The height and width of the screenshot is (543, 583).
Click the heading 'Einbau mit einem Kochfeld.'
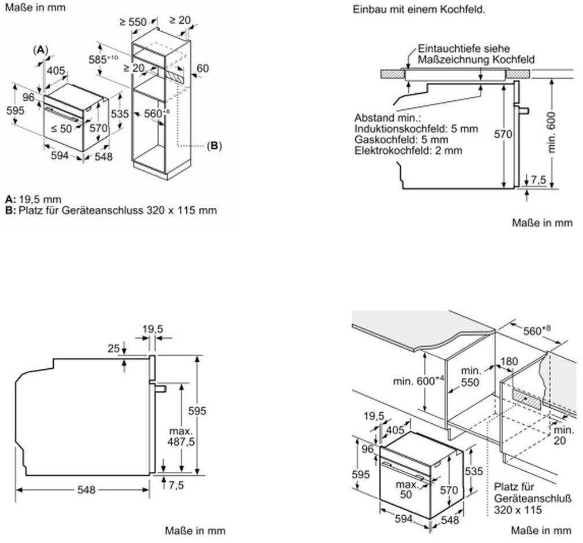tap(419, 10)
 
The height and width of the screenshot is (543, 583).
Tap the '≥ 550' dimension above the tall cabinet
tap(133, 23)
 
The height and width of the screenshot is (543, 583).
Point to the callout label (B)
tap(214, 145)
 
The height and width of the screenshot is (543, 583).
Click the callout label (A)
tap(40, 50)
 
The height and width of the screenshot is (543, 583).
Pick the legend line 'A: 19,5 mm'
tap(34, 199)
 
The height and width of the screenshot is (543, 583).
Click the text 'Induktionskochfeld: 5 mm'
tap(416, 129)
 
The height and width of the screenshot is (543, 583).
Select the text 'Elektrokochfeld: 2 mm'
tap(408, 151)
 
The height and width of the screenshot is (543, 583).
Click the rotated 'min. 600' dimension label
tap(551, 132)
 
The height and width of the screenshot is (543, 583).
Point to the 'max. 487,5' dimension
tap(182, 436)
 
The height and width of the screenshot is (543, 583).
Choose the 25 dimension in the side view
tap(113, 348)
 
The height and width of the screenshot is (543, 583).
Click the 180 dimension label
tap(509, 361)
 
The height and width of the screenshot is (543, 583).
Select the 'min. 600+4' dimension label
tap(419, 380)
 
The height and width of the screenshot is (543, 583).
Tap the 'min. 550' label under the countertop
tap(470, 377)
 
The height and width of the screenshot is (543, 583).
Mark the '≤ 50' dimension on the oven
tap(61, 129)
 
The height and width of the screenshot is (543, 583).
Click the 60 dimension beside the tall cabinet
tap(202, 68)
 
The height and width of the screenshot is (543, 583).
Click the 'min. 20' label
tap(564, 435)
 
